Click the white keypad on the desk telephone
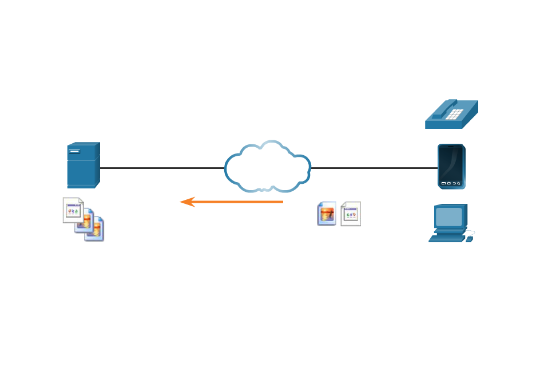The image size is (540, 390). [454, 113]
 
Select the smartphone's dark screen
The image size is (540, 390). [451, 163]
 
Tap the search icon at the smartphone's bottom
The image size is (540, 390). [459, 183]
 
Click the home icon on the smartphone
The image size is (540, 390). [448, 183]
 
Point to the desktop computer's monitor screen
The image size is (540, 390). [449, 216]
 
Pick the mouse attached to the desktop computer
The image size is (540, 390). [470, 238]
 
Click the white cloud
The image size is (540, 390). [268, 167]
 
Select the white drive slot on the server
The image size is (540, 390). [75, 151]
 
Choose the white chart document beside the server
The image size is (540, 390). [73, 210]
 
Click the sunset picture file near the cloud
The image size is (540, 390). [327, 214]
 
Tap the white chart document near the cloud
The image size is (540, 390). [351, 214]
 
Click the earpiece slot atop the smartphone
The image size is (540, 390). [451, 147]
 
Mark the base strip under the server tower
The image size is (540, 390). [81, 186]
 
